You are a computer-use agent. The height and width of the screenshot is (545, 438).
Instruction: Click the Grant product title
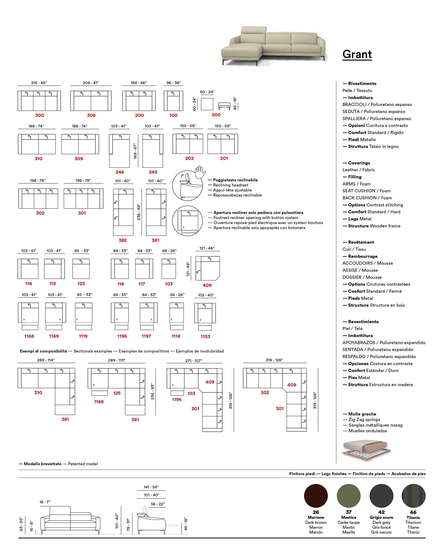click(357, 54)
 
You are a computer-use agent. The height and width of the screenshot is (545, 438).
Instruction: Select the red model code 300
click(40, 115)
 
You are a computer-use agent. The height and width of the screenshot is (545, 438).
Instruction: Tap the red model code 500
click(216, 115)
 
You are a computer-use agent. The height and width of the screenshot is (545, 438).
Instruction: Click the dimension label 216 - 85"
click(39, 83)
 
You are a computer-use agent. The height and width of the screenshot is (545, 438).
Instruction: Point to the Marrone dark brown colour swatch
click(316, 496)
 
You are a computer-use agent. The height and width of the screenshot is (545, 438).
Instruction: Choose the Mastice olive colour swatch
click(349, 496)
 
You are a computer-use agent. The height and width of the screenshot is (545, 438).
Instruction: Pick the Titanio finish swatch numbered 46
click(413, 496)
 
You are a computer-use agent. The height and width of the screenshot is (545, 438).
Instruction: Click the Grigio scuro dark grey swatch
click(381, 496)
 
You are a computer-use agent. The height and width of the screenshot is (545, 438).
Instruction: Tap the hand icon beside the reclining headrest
click(200, 172)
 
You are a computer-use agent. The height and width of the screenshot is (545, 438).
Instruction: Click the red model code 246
click(120, 172)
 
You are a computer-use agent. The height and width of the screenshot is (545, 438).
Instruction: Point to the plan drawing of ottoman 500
click(207, 104)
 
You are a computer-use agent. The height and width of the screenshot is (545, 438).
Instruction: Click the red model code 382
click(123, 240)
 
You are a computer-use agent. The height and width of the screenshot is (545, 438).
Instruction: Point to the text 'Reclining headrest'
click(231, 185)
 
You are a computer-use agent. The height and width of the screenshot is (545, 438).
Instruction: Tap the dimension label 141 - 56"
click(151, 487)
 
